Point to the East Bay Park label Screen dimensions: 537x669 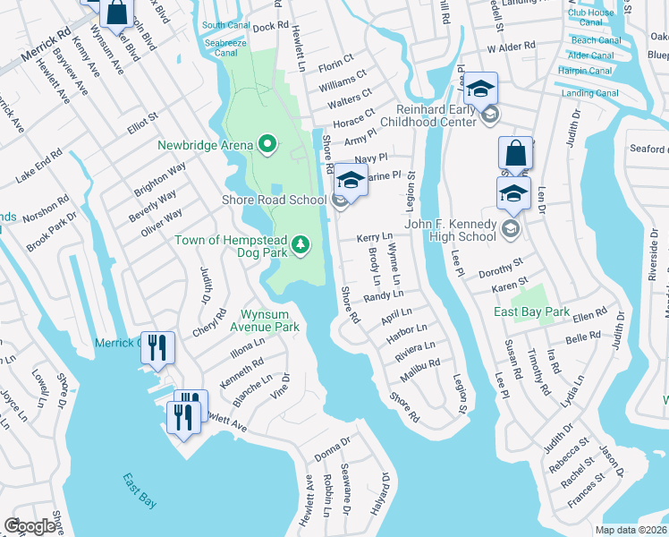[x=532, y=311]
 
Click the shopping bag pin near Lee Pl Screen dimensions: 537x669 [x=516, y=153]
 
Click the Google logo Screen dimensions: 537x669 [x=30, y=525]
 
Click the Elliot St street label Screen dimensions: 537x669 [x=142, y=122]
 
